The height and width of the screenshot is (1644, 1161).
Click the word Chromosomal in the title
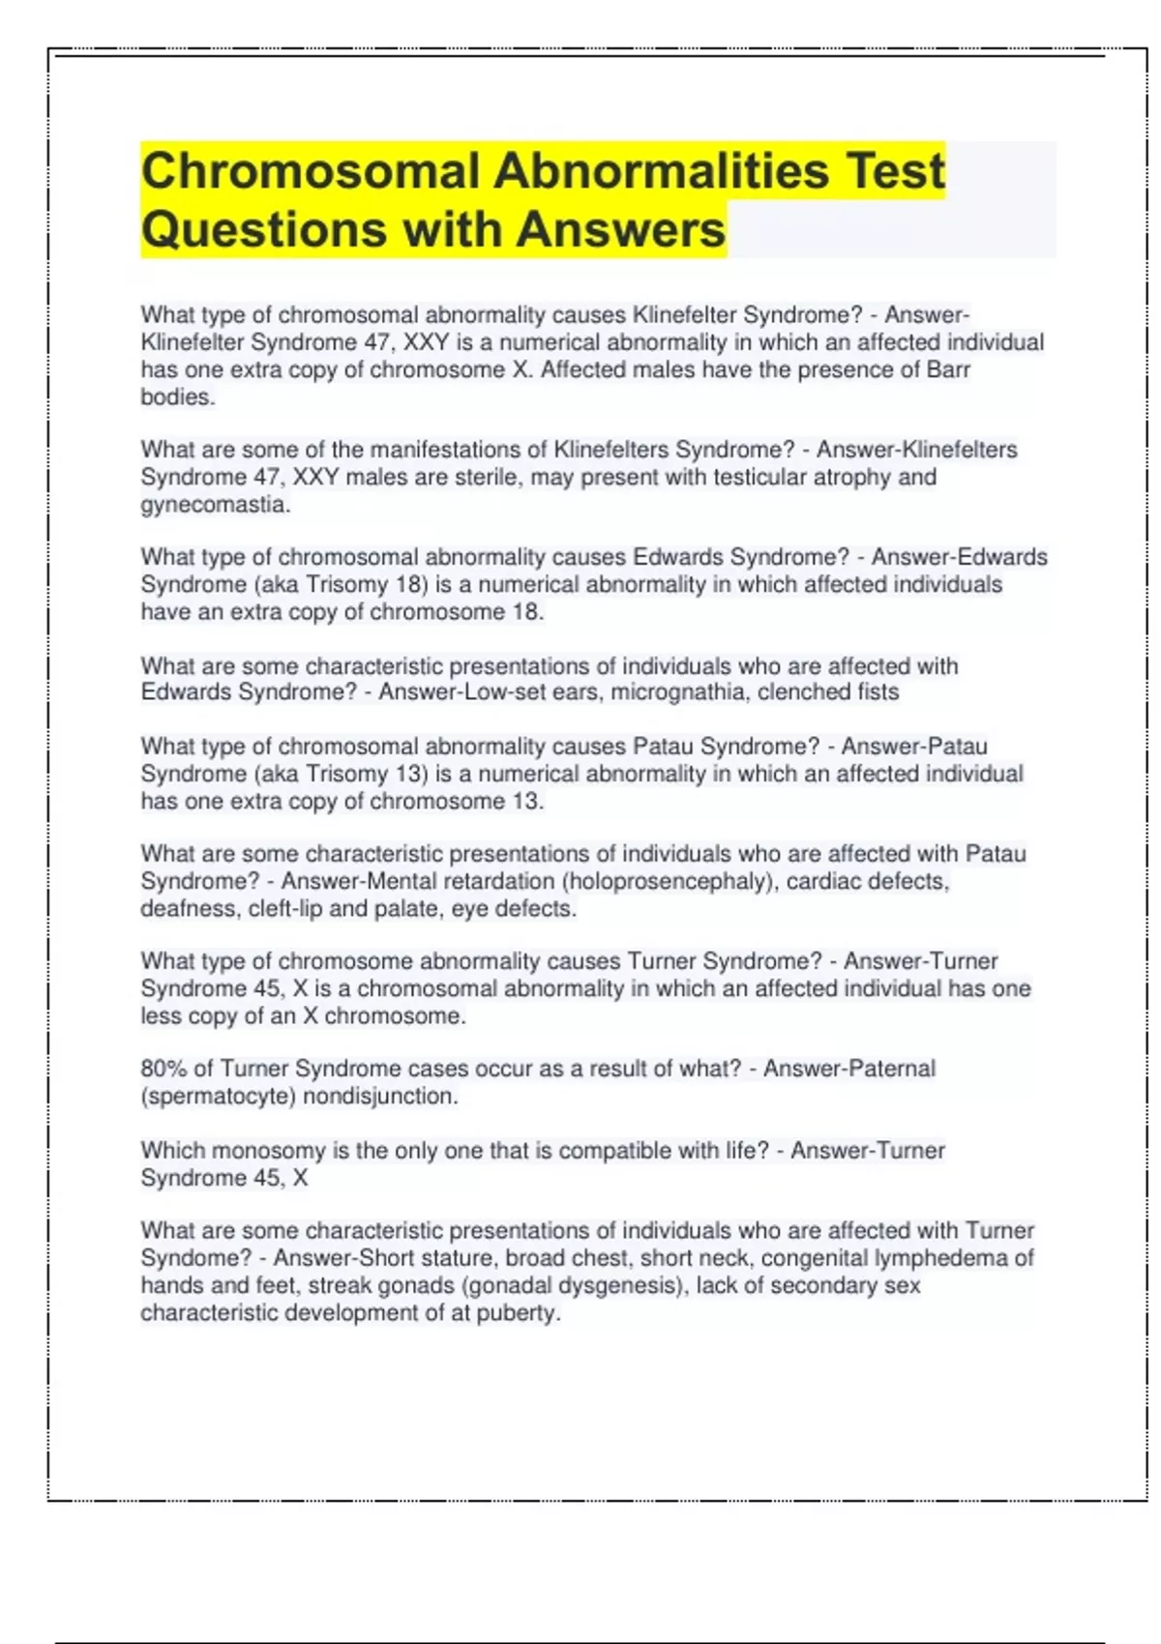[311, 171]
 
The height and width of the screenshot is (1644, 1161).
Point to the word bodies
[176, 396]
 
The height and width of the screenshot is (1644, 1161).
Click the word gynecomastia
[214, 504]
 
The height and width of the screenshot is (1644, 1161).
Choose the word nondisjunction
[379, 1096]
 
